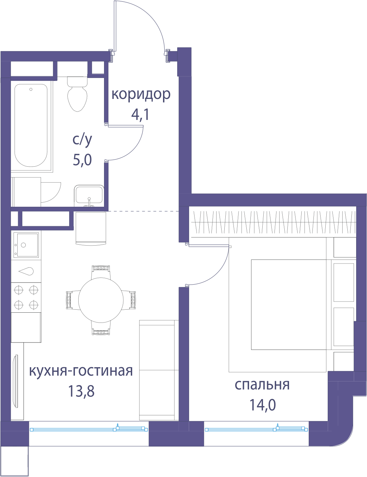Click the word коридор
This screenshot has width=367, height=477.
141,95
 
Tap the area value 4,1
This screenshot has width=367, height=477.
140,115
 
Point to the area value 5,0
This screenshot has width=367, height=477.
82,160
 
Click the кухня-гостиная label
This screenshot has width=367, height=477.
81,371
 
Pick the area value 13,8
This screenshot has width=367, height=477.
81,391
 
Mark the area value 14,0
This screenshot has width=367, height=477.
263,405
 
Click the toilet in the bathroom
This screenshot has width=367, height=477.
77,94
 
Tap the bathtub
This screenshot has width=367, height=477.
31,125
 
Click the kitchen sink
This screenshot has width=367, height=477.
26,245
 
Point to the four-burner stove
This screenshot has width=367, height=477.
26,297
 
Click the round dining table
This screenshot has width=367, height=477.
101,300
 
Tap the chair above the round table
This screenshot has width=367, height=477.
101,272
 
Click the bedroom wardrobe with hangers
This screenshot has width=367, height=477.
273,222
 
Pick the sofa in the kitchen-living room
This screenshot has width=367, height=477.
159,370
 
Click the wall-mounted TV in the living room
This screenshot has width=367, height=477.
16,381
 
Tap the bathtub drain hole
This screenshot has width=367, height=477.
31,89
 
